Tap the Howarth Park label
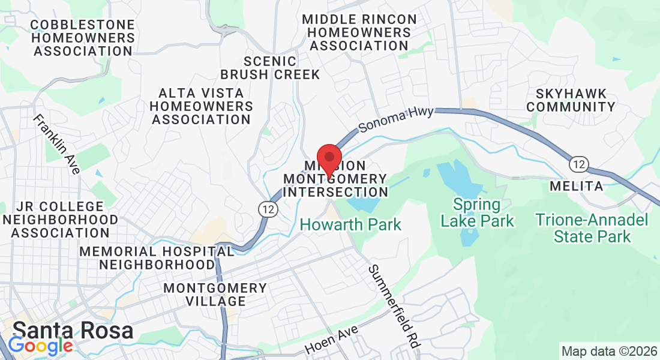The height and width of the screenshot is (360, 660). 350,225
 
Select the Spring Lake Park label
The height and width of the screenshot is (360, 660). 477,213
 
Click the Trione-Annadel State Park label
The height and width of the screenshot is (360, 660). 592,228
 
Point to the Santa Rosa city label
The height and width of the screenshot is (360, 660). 73,331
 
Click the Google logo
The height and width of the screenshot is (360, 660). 40,346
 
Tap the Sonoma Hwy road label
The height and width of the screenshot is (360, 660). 395,119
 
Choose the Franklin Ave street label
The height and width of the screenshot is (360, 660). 57,144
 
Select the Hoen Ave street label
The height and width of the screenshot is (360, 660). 331,340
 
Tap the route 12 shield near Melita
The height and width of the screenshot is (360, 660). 579,164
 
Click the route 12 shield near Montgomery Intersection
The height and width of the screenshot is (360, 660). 268,208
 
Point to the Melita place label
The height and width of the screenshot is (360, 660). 577,186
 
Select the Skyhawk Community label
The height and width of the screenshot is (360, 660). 575,100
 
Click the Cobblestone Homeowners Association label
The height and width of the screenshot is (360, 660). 83,38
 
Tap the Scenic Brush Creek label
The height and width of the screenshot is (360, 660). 270,68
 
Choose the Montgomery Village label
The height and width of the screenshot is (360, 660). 215,295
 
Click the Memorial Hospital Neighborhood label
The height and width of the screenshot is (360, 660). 157,257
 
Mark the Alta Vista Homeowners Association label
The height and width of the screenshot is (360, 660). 201,106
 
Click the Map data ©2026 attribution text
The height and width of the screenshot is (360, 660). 609,350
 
